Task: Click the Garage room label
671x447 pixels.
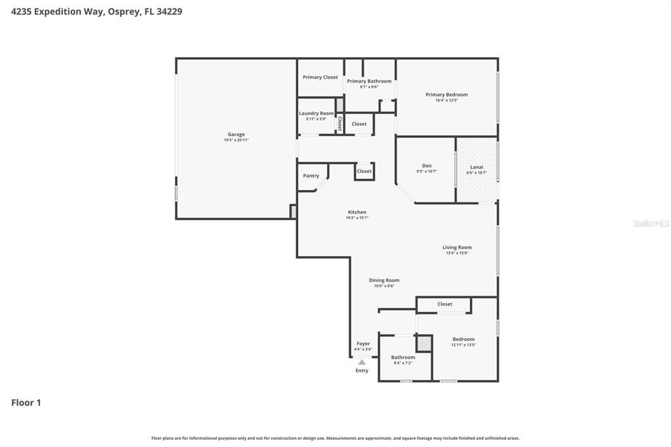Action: (236, 134)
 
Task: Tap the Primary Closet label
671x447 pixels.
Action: (320, 77)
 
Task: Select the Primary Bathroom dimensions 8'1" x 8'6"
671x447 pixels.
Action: (369, 87)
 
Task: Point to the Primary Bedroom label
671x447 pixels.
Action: (446, 94)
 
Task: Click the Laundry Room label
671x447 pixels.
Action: (316, 113)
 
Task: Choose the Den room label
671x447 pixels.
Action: (427, 166)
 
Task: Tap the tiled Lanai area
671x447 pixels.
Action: (476, 184)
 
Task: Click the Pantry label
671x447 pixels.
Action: (311, 176)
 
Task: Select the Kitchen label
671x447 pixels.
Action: (357, 212)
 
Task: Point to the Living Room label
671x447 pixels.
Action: (457, 247)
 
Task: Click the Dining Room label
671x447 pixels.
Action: (384, 280)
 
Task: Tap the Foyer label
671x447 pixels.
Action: (363, 343)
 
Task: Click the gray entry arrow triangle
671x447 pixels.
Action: (362, 362)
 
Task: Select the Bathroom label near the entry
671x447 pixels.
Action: (403, 357)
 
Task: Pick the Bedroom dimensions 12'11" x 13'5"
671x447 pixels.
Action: (463, 345)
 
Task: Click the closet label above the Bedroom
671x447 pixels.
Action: (444, 304)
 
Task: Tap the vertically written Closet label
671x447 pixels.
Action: (339, 123)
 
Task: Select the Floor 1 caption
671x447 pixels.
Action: (26, 402)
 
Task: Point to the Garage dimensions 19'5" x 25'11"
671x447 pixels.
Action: (236, 140)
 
